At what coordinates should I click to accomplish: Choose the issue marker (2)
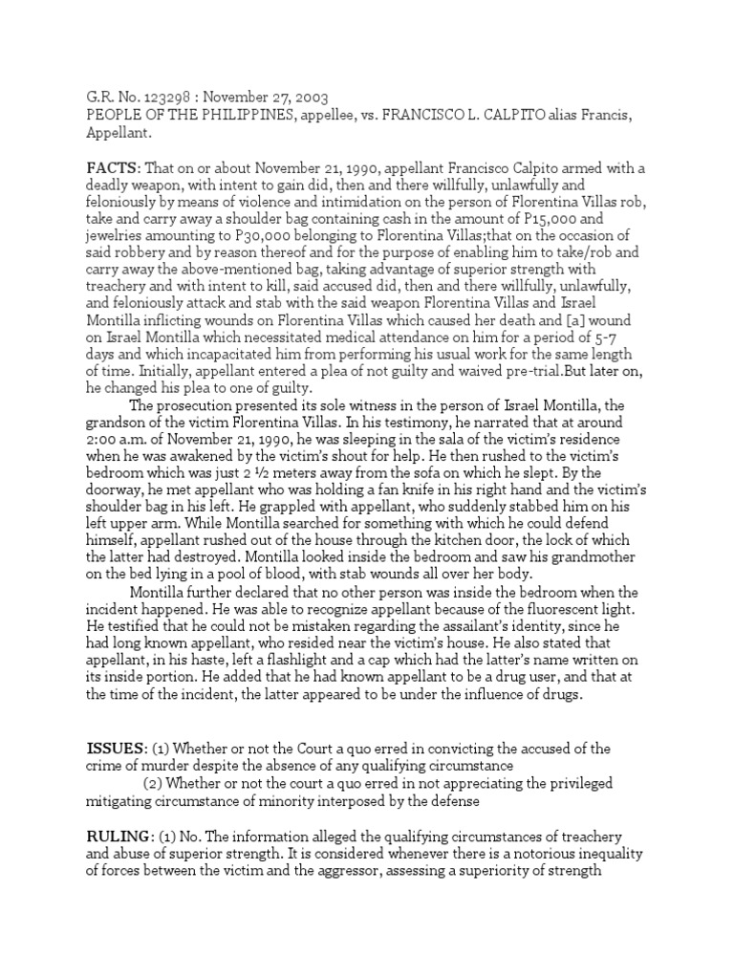155,782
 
